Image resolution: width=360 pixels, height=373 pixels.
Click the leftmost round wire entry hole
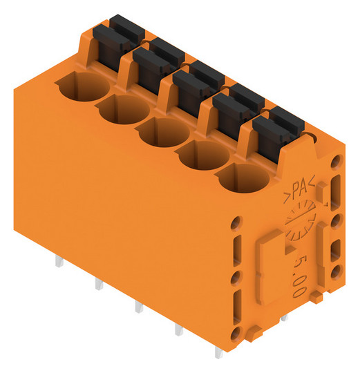[82, 86]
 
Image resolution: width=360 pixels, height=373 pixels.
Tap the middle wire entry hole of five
[162, 132]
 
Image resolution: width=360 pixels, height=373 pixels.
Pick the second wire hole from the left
[122, 109]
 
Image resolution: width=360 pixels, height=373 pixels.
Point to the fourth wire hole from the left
[202, 155]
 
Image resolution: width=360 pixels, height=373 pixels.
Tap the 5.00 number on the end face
[299, 276]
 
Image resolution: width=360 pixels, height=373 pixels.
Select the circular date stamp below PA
[301, 220]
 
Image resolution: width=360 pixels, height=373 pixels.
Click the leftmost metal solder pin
[59, 261]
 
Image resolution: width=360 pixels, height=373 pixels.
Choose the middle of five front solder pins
[139, 307]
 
